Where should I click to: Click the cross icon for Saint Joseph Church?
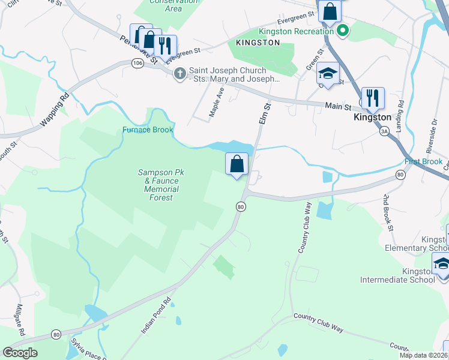pyautogui.click(x=179, y=74)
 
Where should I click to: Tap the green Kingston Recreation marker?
pyautogui.click(x=343, y=31)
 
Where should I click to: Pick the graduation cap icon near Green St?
pyautogui.click(x=328, y=73)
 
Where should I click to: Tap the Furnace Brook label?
pyautogui.click(x=148, y=130)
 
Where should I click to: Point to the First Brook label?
pyautogui.click(x=423, y=162)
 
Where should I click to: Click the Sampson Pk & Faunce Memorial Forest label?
pyautogui.click(x=158, y=185)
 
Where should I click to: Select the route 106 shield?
pyautogui.click(x=137, y=63)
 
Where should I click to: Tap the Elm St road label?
pyautogui.click(x=265, y=113)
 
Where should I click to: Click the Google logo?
pyautogui.click(x=20, y=353)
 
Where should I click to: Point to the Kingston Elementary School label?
pyautogui.click(x=435, y=244)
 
